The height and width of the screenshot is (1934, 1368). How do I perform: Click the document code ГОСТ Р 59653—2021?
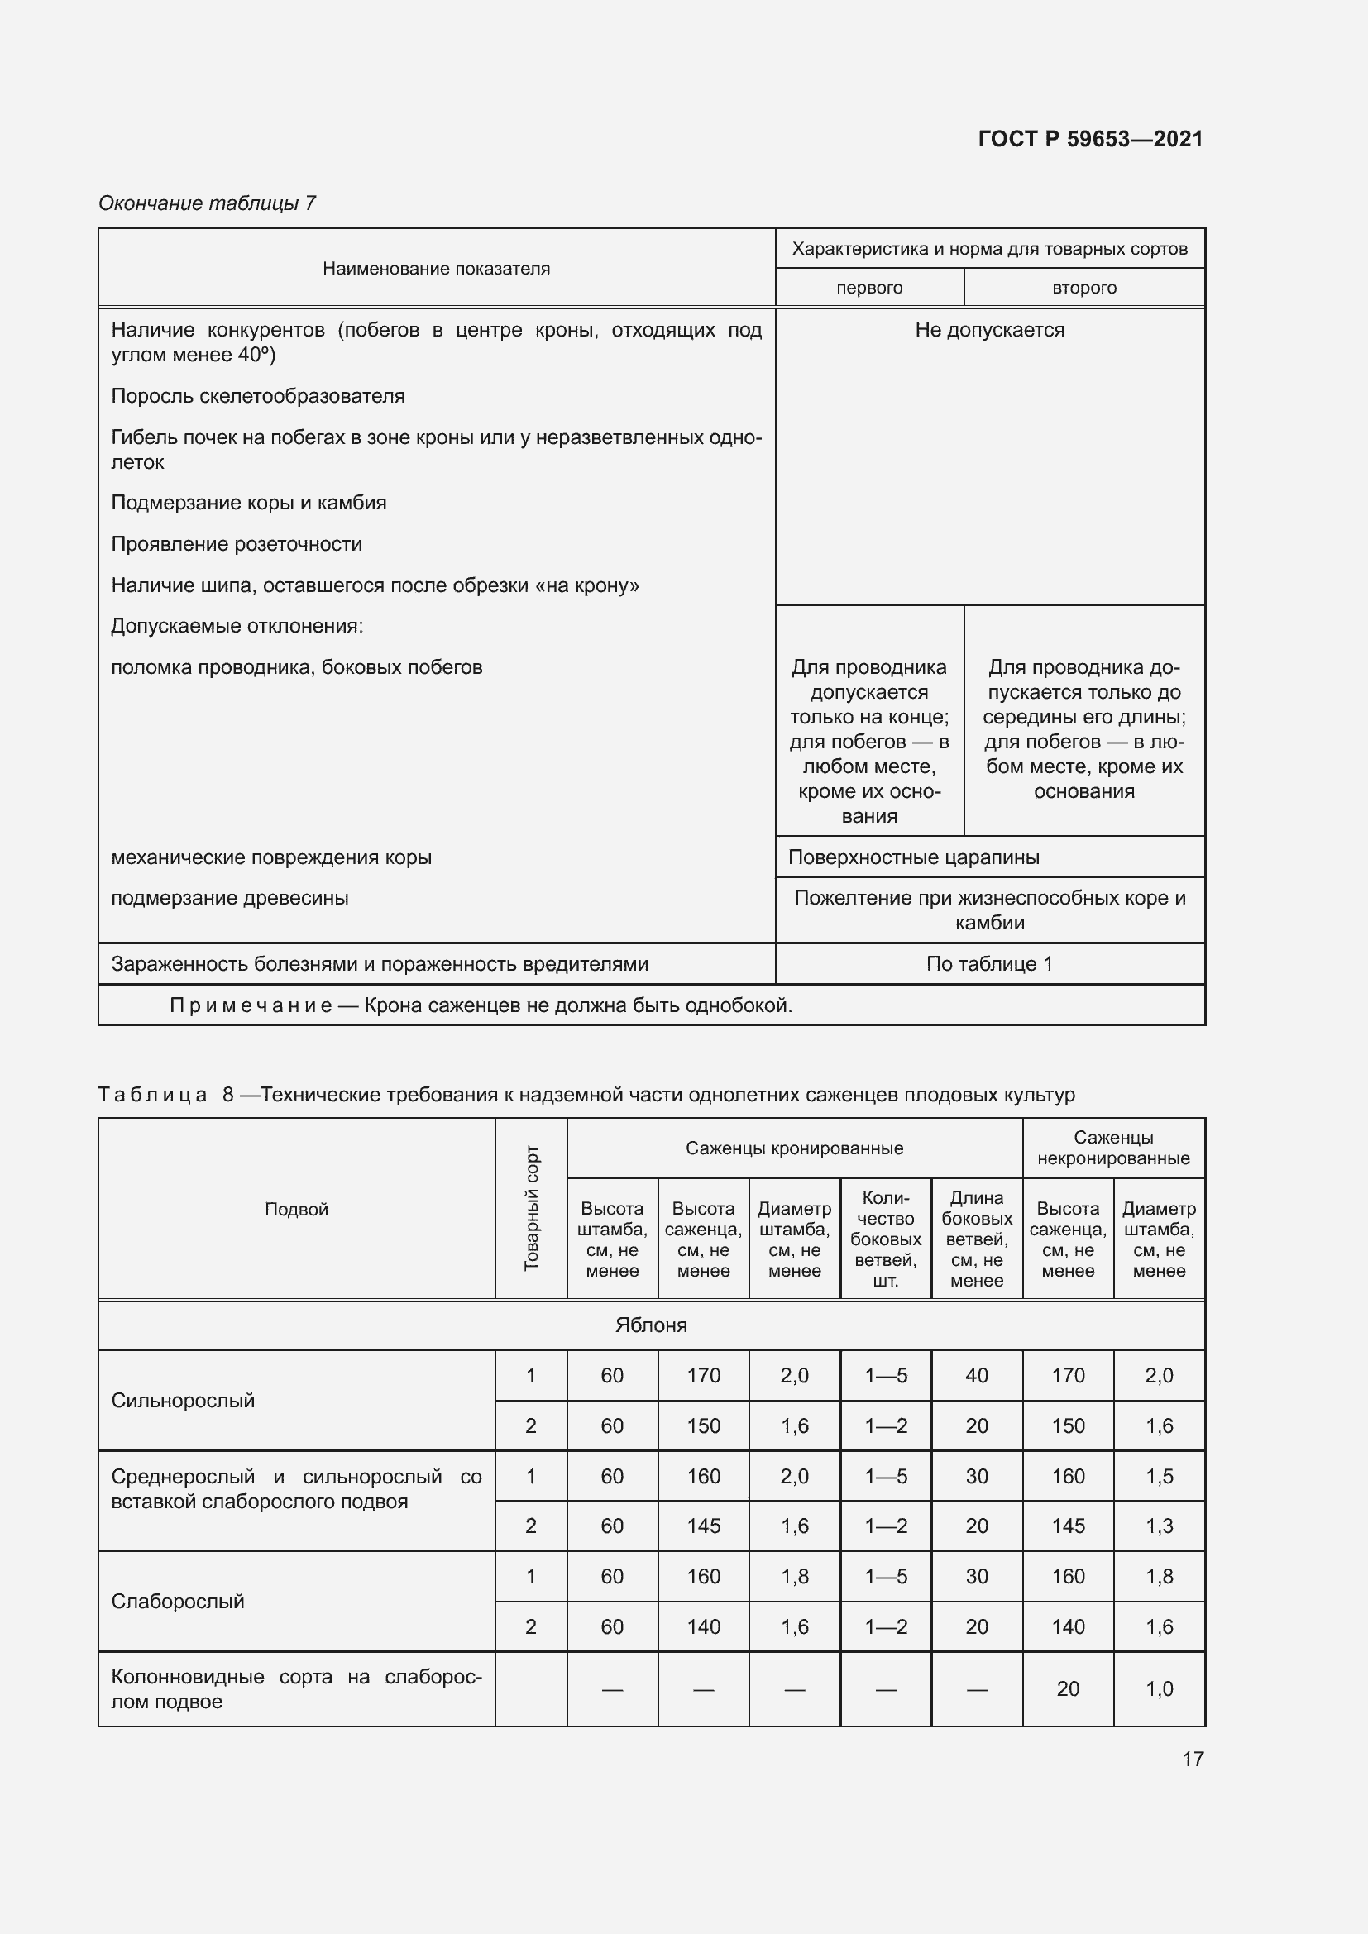1090,139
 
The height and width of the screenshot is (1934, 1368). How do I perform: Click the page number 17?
1193,1759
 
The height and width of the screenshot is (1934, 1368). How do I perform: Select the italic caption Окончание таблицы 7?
208,203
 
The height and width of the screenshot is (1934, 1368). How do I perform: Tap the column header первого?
869,288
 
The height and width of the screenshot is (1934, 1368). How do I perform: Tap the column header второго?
1084,288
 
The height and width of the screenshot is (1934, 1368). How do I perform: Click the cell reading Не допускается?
990,330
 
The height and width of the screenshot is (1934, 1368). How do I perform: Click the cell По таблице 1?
990,963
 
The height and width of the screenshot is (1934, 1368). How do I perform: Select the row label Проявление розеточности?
237,544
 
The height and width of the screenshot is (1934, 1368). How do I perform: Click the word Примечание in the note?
251,1005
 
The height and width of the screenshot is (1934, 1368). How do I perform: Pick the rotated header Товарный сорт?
532,1209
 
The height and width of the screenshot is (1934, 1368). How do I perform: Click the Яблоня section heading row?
651,1325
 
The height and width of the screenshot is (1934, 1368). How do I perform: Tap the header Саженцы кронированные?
794,1148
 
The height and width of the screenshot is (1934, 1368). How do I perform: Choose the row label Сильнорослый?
183,1401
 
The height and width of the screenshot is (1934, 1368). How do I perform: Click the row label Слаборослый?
178,1602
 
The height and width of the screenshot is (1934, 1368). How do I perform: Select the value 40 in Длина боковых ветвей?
976,1376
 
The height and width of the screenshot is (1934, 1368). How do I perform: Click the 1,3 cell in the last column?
1159,1526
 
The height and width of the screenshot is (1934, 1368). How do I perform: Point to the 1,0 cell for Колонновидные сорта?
1159,1689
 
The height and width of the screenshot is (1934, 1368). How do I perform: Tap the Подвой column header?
297,1210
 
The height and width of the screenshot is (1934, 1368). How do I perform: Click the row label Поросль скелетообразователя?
258,396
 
